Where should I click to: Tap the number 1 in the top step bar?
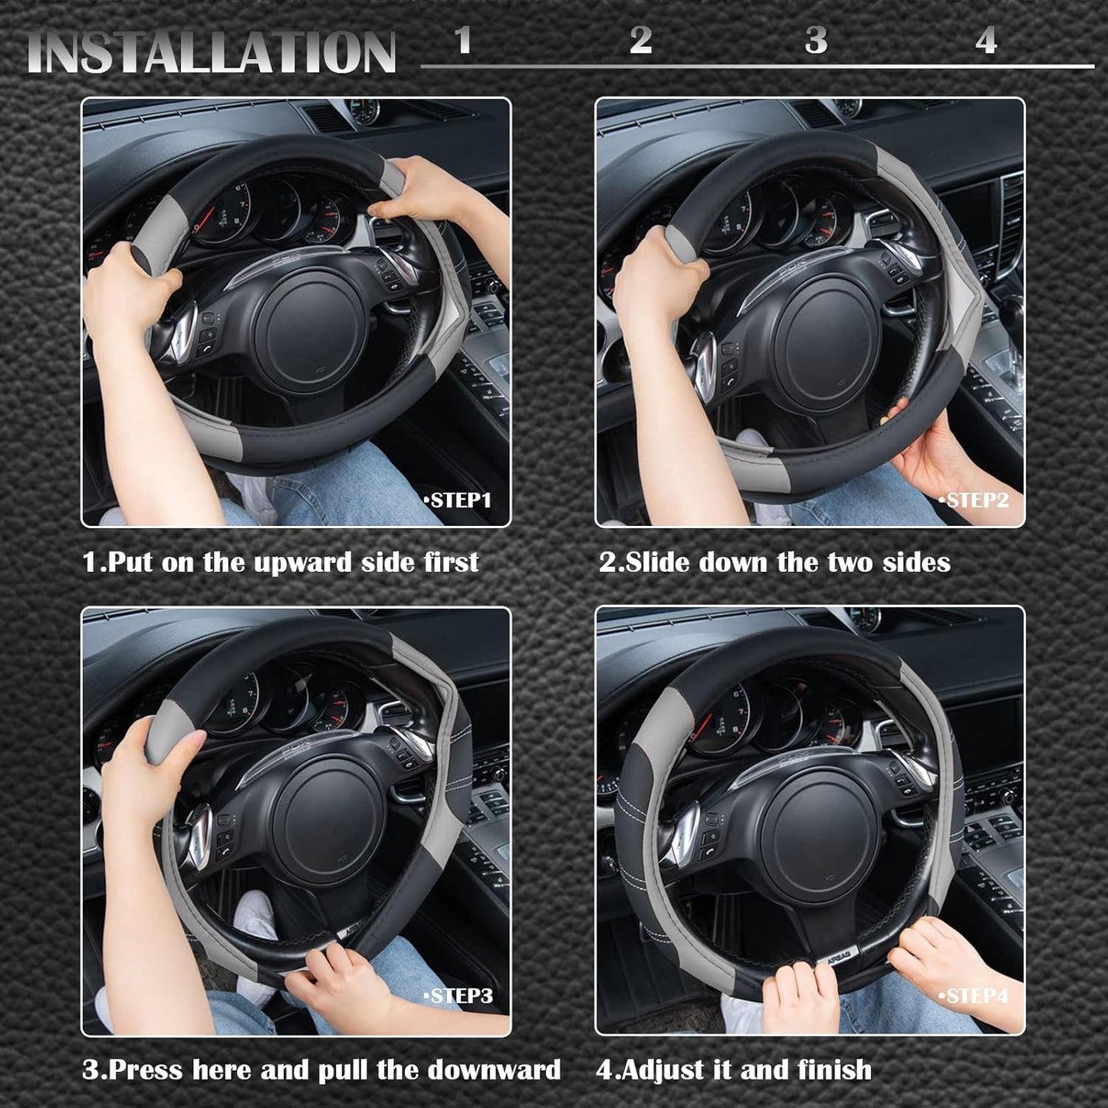point(462,40)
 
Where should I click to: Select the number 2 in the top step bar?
point(640,40)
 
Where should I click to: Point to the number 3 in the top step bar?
point(816,40)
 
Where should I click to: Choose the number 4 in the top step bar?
point(986,40)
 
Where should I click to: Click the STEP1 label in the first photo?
point(459,501)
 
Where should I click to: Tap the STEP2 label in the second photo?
point(975,501)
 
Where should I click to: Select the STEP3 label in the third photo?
point(459,996)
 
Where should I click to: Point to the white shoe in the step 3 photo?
point(255,916)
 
